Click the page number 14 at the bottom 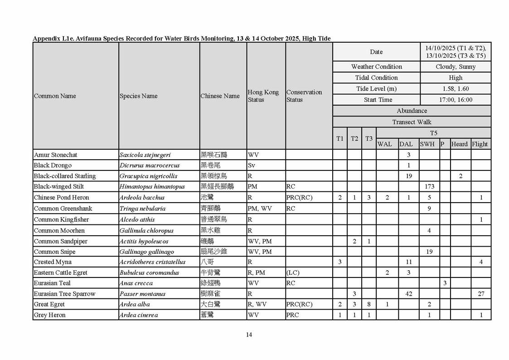[249, 335]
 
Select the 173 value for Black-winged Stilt [429, 186]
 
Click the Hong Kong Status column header [263, 96]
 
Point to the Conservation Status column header [304, 96]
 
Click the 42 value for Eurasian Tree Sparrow [408, 294]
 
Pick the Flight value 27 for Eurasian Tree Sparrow [481, 294]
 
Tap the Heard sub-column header [459, 144]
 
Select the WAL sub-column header [384, 144]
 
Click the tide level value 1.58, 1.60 [456, 89]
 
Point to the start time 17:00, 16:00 [456, 100]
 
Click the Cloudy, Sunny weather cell [456, 67]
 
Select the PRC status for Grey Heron [292, 315]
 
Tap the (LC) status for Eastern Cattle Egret [293, 272]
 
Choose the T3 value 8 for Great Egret [369, 304]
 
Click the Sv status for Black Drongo [252, 165]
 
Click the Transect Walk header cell [412, 122]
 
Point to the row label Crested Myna [53, 262]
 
